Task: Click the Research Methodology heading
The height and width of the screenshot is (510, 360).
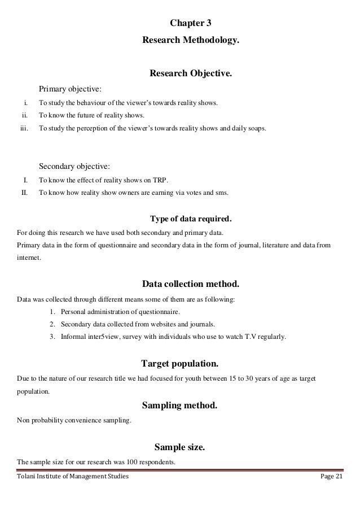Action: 191,41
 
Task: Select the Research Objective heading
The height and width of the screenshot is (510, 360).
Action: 190,73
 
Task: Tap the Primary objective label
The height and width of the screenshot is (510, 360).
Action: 70,89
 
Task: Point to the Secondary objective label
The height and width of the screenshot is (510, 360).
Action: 74,166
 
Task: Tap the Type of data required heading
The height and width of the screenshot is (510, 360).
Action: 190,219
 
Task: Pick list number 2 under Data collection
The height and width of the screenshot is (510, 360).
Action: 52,324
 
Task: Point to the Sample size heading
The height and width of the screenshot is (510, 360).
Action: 179,448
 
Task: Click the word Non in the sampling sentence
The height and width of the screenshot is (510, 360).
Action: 24,421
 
